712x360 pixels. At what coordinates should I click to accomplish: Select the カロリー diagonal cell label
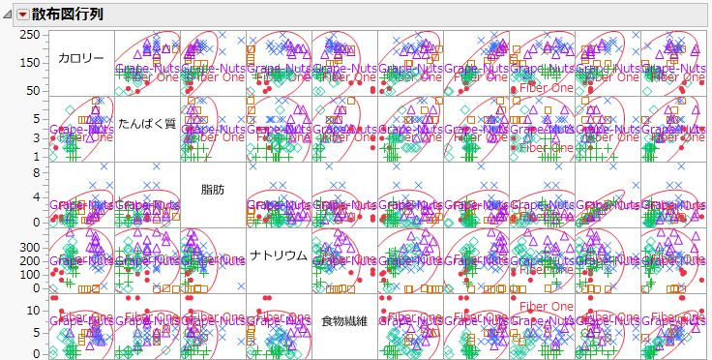click(81, 58)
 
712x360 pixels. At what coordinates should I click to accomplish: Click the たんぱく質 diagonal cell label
click(147, 124)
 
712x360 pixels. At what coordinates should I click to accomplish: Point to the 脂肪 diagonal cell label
click(213, 190)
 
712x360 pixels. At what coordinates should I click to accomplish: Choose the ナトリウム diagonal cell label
click(279, 255)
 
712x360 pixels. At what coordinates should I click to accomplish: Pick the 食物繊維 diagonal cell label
click(344, 321)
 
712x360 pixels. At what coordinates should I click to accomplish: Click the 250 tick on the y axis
click(29, 36)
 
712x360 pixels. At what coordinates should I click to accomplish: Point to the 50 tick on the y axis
click(33, 90)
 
